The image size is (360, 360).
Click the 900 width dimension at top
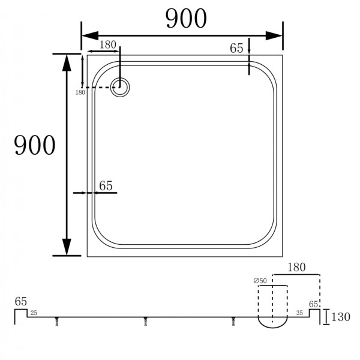click(x=186, y=19)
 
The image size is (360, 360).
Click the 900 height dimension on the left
click(x=35, y=145)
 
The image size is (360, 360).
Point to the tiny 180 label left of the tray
click(x=80, y=92)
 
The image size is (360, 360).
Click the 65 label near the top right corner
click(x=237, y=49)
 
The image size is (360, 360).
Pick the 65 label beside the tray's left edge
click(x=106, y=186)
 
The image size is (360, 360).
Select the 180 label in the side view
click(x=298, y=267)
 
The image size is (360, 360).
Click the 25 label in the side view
click(x=34, y=313)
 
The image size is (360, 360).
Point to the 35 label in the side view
click(x=299, y=313)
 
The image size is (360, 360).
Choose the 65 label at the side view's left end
click(x=21, y=301)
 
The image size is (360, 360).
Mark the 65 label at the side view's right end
click(x=314, y=304)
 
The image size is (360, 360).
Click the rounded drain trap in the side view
click(x=272, y=323)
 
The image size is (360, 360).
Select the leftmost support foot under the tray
click(x=58, y=322)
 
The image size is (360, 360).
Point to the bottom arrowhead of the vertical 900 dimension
click(x=67, y=247)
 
